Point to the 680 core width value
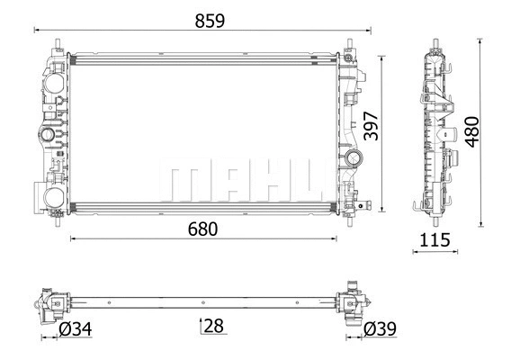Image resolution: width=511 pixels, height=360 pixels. (x=202, y=229)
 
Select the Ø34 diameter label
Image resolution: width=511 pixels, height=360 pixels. (x=74, y=330)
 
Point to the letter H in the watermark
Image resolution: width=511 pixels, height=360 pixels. (x=261, y=183)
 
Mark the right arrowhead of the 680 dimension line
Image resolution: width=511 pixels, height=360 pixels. (x=335, y=239)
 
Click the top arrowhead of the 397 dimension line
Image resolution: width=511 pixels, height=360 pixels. (x=386, y=56)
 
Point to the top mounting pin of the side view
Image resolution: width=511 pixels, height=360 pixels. (x=436, y=43)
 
